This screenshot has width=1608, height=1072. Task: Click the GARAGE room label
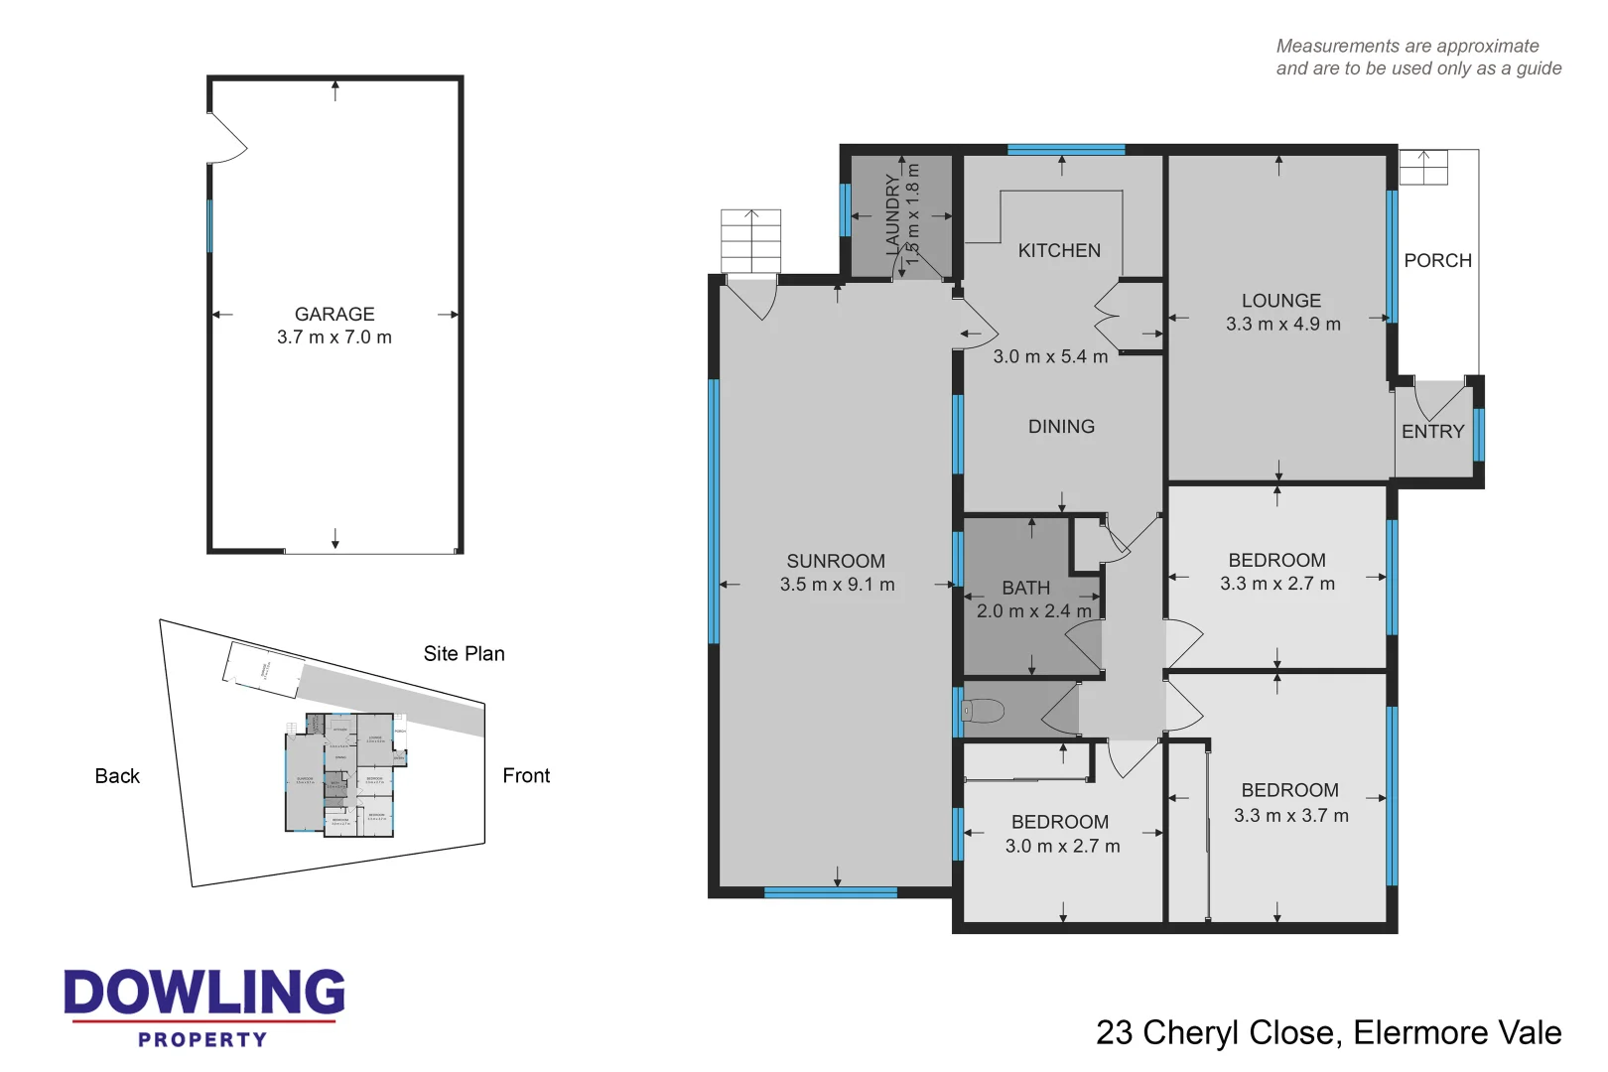(x=335, y=314)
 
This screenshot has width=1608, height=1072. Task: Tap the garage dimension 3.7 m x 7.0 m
(x=335, y=337)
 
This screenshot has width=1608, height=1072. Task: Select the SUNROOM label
(x=836, y=561)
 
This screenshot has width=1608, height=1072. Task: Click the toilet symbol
(x=983, y=711)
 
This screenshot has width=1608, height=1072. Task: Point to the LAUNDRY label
(x=892, y=214)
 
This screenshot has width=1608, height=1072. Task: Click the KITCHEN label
(x=1059, y=250)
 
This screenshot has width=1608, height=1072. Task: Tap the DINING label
(x=1061, y=427)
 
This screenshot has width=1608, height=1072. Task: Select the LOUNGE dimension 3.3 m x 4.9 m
(x=1282, y=325)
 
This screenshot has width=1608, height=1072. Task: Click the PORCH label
(x=1437, y=260)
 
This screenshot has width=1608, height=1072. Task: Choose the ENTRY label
(x=1432, y=432)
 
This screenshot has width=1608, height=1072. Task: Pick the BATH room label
(x=1025, y=588)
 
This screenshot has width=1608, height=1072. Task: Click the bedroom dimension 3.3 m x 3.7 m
(x=1290, y=815)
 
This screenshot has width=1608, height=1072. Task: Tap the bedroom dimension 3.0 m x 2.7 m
(x=1062, y=846)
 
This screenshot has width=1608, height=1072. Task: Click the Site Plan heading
(x=464, y=653)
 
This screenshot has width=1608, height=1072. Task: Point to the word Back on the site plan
(x=117, y=776)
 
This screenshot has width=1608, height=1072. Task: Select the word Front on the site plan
(x=526, y=776)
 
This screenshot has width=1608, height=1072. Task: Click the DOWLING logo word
(x=204, y=993)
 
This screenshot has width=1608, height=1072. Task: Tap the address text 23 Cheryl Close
(x=1217, y=1032)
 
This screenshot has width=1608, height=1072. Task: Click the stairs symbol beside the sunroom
(x=750, y=240)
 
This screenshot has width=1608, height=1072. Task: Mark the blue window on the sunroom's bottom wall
(x=830, y=893)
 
